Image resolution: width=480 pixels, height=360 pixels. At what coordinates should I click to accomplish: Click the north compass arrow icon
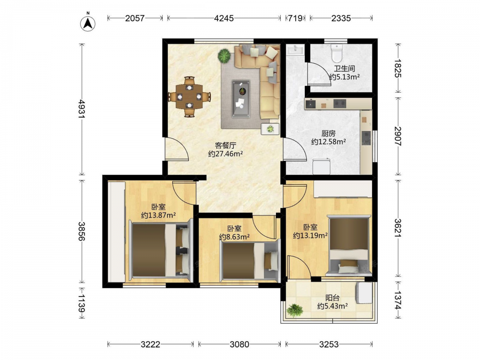(x=88, y=23)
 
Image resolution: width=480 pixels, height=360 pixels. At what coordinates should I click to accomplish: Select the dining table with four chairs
(x=189, y=97)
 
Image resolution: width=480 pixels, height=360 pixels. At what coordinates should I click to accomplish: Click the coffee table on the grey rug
(x=241, y=98)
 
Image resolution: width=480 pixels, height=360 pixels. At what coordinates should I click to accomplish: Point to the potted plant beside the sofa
(x=224, y=56)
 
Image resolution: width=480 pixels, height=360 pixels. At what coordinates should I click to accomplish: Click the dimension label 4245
(x=224, y=18)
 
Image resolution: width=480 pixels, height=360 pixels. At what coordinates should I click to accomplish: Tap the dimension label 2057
(x=135, y=18)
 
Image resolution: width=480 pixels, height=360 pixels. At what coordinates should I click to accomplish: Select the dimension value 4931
(x=82, y=108)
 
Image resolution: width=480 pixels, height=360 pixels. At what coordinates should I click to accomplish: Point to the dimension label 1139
(x=82, y=303)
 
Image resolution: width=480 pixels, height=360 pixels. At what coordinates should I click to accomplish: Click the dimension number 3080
(x=240, y=344)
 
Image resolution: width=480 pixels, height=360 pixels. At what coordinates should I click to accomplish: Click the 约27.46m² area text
(x=225, y=154)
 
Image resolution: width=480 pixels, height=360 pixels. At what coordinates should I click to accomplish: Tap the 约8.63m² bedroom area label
(x=235, y=237)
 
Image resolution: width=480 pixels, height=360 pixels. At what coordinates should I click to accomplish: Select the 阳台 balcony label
(x=332, y=298)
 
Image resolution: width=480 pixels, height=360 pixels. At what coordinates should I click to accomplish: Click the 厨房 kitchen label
(x=328, y=133)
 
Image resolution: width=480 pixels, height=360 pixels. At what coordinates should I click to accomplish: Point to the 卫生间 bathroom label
(x=344, y=69)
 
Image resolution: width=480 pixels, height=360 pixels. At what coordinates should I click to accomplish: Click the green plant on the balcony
(x=295, y=310)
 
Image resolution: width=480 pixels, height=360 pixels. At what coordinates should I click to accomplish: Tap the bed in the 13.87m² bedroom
(x=160, y=250)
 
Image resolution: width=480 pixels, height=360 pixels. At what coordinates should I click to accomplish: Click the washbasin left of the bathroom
(x=295, y=49)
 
